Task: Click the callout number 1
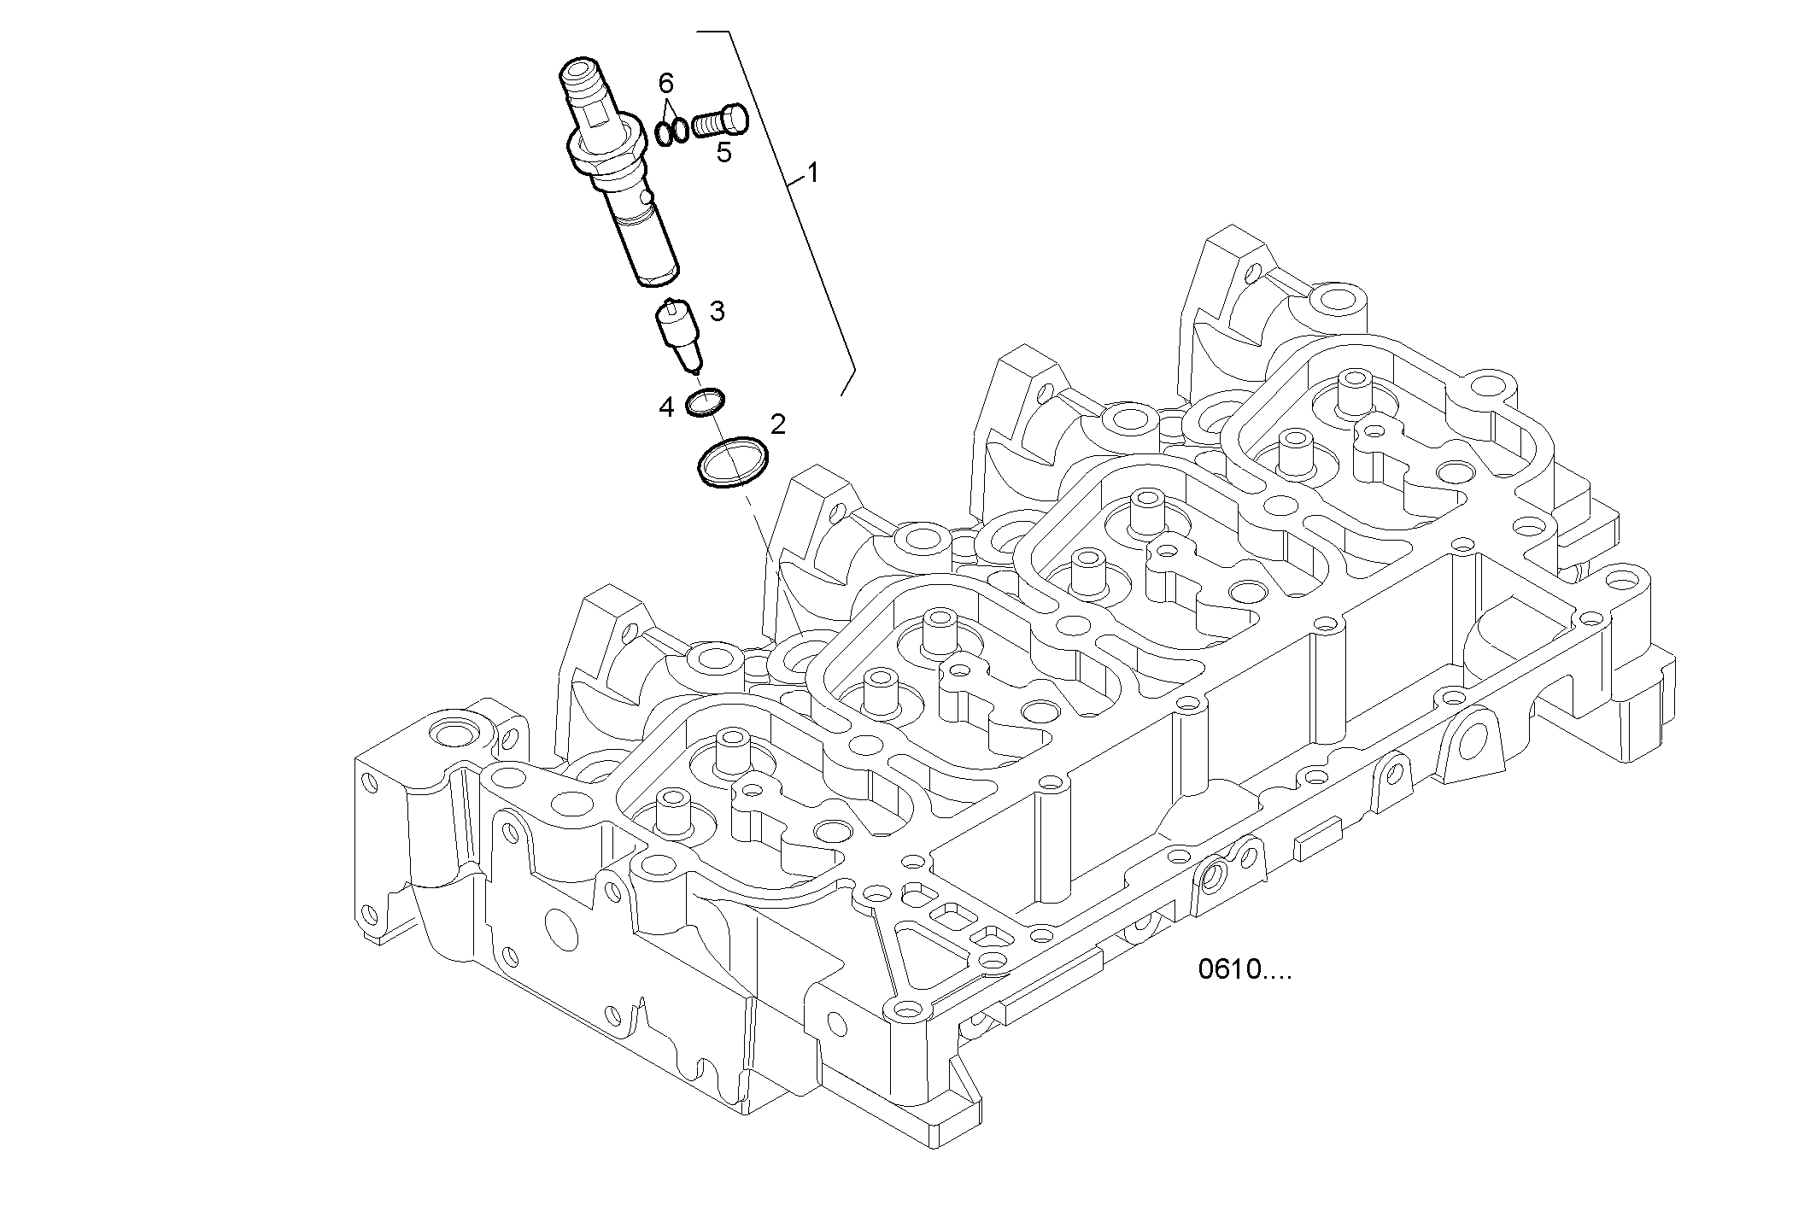[x=812, y=173]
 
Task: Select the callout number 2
[x=777, y=423]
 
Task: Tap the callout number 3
[x=717, y=312]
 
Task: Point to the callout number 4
[x=666, y=407]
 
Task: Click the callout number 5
[x=723, y=153]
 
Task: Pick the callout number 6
[x=666, y=84]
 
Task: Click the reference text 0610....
[x=1244, y=970]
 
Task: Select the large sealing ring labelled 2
[x=732, y=462]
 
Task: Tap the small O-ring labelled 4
[x=706, y=402]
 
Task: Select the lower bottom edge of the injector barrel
[x=659, y=278]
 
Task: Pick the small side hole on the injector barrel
[x=649, y=198]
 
